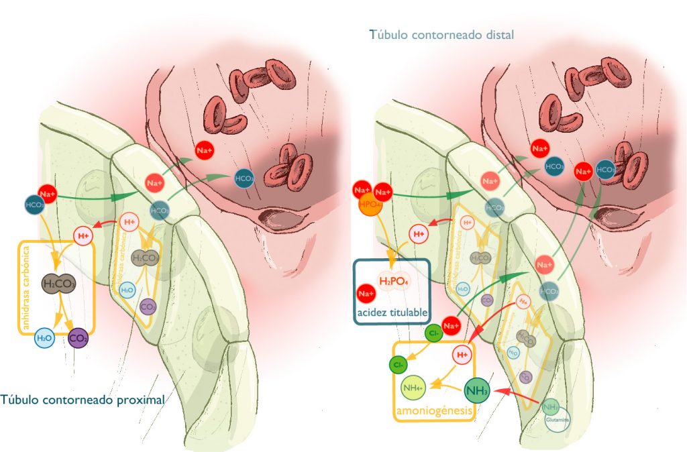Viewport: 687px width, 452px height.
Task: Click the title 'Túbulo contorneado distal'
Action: point(441,34)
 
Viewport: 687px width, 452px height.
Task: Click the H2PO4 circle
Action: point(394,280)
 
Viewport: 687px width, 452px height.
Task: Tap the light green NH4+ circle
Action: point(413,386)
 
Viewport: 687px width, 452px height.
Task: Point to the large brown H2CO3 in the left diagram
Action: point(59,284)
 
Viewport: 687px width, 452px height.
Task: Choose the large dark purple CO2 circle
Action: point(78,338)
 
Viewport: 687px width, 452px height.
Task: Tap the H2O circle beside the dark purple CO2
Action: point(44,339)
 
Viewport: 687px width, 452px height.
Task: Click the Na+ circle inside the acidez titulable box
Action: point(366,294)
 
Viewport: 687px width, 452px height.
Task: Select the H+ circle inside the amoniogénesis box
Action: point(462,354)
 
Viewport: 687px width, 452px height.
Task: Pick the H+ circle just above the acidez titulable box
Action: point(419,234)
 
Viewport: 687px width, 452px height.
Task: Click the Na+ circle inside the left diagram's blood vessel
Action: point(205,152)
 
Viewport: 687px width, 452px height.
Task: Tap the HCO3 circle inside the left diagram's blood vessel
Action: point(244,178)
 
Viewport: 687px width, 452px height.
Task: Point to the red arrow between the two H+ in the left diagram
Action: point(106,225)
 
